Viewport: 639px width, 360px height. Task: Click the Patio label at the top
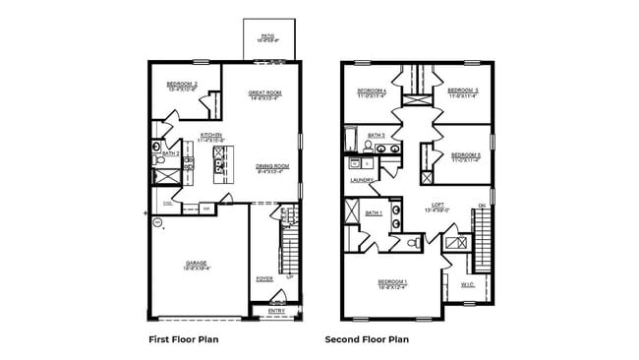tap(267, 37)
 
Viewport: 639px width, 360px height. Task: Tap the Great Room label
tap(264, 94)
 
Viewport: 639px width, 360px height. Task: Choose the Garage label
tap(198, 265)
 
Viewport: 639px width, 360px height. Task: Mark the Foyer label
tap(264, 278)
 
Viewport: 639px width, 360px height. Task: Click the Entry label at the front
tap(275, 310)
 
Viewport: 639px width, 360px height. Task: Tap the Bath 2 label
tap(170, 153)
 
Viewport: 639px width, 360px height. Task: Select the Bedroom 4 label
tap(372, 91)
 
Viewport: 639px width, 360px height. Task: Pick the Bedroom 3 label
tap(464, 91)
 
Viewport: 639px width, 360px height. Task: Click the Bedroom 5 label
tap(465, 155)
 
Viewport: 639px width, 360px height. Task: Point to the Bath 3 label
tap(377, 135)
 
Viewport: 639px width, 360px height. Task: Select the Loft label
tap(438, 207)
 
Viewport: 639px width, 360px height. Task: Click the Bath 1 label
tap(374, 212)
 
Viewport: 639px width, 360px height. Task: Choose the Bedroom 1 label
tap(393, 283)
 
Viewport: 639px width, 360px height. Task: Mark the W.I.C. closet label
tap(467, 285)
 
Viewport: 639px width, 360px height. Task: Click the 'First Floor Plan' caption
tap(183, 339)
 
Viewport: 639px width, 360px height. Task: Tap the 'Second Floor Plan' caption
tap(367, 339)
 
